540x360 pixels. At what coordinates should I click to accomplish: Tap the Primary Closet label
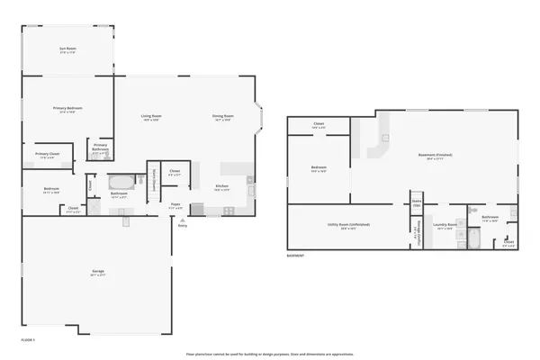(48, 154)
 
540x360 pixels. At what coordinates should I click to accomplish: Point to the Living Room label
(150, 116)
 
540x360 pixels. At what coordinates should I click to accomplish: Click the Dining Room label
(223, 116)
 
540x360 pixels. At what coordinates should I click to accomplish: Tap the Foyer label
(176, 206)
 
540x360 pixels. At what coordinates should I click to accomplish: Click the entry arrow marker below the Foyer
(183, 220)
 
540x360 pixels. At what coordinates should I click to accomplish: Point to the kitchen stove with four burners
(229, 210)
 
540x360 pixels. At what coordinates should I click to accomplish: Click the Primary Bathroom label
(100, 148)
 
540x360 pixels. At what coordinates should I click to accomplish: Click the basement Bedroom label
(319, 167)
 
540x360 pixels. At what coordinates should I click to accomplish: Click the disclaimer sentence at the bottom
(270, 353)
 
